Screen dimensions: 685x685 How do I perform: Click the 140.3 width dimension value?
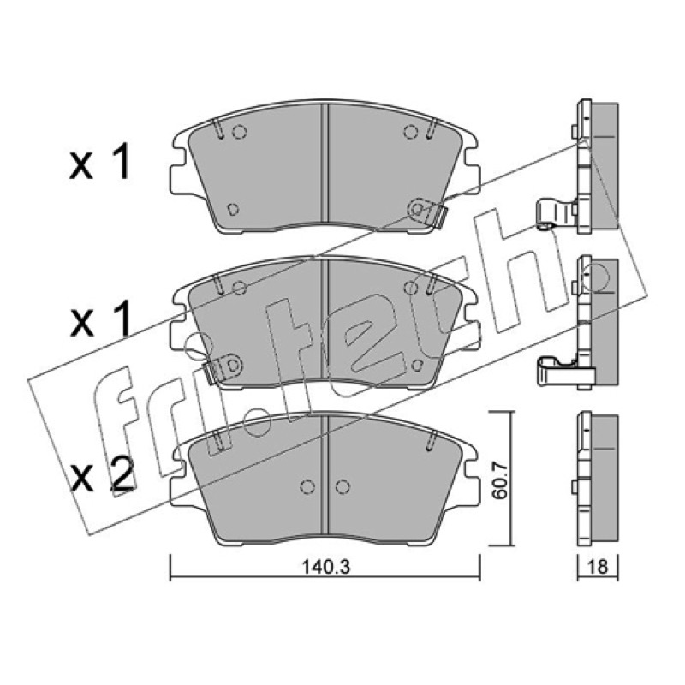[x=326, y=567]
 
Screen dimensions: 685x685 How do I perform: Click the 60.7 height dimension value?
[x=498, y=480]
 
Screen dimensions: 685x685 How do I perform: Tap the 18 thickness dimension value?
[x=598, y=567]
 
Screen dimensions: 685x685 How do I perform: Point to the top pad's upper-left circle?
[x=239, y=132]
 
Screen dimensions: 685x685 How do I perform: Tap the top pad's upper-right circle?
[x=411, y=132]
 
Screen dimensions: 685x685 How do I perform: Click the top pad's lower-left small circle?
[x=233, y=209]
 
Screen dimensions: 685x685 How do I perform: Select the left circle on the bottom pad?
[x=307, y=486]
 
